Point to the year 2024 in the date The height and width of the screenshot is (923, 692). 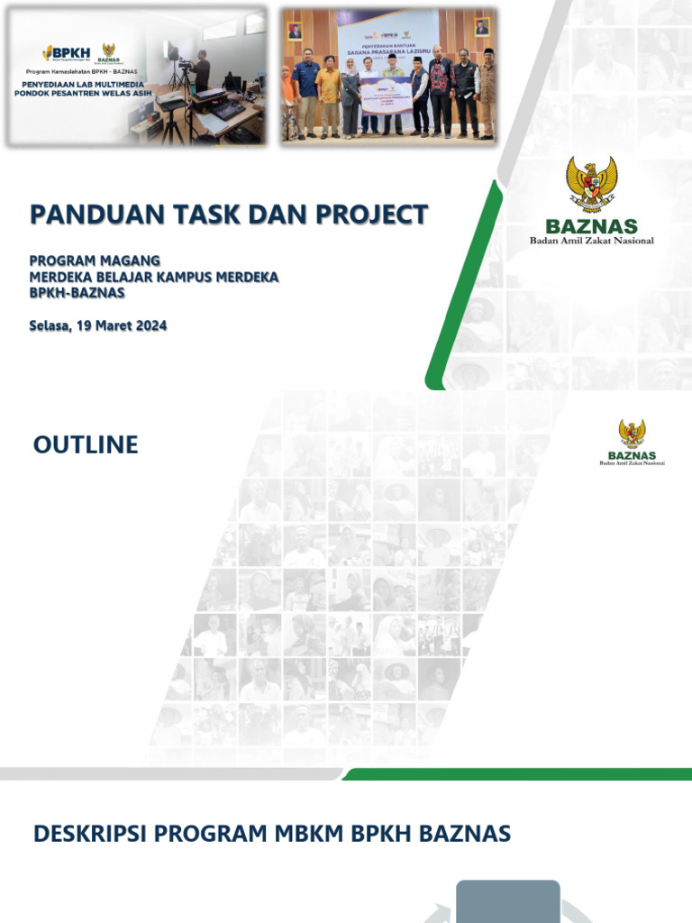[x=149, y=326]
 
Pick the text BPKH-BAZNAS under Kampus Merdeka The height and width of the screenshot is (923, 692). [x=77, y=293]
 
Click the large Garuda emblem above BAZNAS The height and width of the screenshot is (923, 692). [x=591, y=184]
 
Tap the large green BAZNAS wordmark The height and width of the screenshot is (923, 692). [x=591, y=226]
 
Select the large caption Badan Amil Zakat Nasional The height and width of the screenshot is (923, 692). [x=591, y=241]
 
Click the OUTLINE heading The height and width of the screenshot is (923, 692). [x=86, y=444]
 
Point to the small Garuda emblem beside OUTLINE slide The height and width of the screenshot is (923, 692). [x=632, y=434]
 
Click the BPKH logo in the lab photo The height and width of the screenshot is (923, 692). [x=65, y=52]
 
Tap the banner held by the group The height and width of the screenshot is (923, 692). [x=387, y=96]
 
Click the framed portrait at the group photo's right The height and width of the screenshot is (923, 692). [x=482, y=27]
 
